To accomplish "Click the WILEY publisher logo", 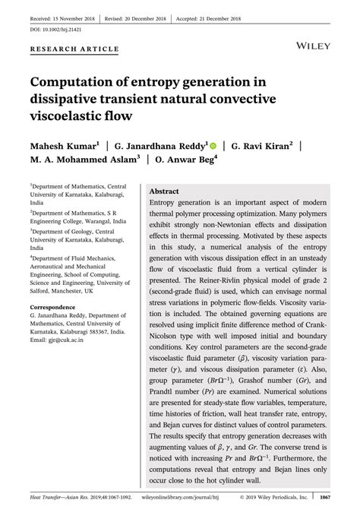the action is point(313,46).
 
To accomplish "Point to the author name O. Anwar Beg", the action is point(182,160).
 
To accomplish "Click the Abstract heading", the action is point(165,191).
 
